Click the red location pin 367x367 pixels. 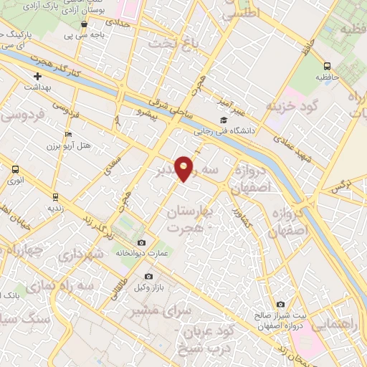click(184, 168)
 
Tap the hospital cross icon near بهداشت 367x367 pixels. click(38, 76)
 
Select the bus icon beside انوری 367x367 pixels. click(15, 170)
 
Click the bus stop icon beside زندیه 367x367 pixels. click(55, 196)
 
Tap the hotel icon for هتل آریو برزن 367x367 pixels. click(68, 134)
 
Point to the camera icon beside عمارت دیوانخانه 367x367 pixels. click(141, 242)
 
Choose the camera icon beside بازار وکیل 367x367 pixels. click(148, 276)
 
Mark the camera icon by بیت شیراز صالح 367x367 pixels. click(280, 304)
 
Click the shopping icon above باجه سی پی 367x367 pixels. click(85, 22)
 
